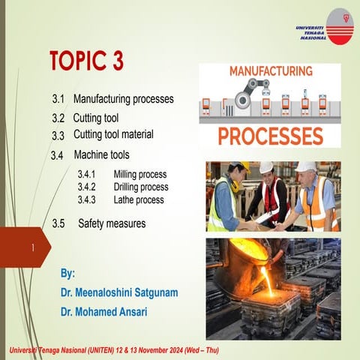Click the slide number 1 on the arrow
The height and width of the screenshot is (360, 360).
33,247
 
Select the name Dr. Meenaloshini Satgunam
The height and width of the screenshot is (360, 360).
119,292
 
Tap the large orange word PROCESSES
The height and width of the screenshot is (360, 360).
271,136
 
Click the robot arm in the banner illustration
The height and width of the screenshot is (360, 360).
247,98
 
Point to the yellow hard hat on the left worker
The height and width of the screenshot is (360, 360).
238,166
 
